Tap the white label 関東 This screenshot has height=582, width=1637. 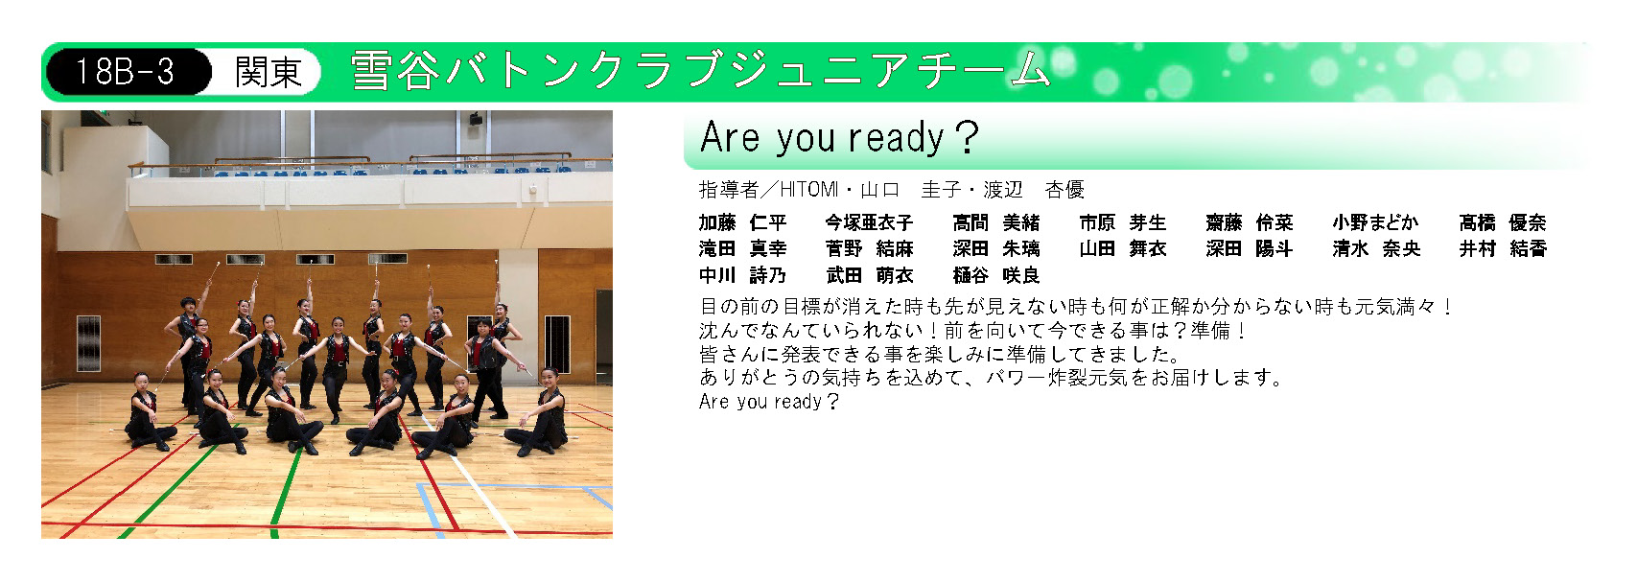[269, 72]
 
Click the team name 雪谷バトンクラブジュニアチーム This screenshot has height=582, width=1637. [701, 71]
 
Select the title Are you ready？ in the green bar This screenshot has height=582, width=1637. [840, 137]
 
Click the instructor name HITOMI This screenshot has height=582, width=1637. [809, 190]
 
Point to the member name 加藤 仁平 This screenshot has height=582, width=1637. [742, 222]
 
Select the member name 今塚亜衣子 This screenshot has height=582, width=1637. [870, 222]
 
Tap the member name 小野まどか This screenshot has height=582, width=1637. [1375, 222]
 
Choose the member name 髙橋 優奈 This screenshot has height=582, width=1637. [1503, 222]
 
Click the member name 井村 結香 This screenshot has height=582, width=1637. [1503, 249]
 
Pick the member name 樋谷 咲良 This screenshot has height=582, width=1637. [996, 275]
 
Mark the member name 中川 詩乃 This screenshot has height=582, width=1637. [742, 275]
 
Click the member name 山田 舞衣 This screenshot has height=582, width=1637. [1123, 249]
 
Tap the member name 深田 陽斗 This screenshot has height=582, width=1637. [1250, 249]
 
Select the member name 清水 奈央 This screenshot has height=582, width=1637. [1376, 249]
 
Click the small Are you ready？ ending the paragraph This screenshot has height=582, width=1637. [769, 402]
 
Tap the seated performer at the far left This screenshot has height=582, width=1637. [149, 412]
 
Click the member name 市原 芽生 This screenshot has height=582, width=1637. [1123, 222]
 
